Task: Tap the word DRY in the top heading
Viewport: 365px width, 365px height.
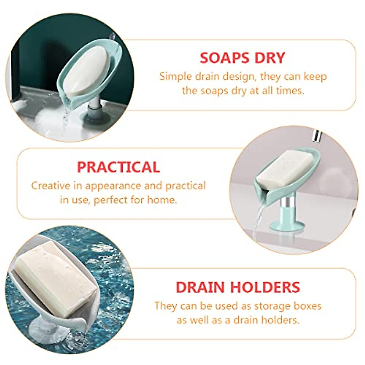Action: click(270, 58)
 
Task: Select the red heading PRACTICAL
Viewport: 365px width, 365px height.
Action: click(118, 167)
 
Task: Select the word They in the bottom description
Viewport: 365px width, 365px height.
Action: click(166, 305)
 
